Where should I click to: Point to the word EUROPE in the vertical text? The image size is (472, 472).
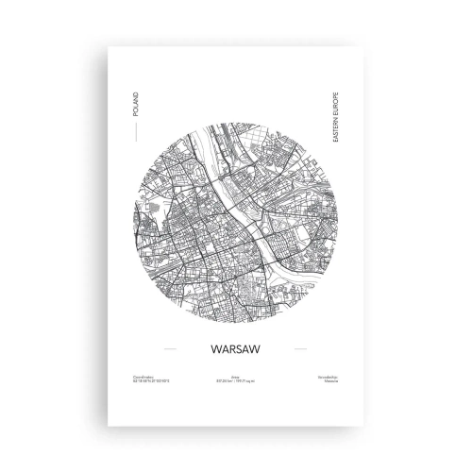(334, 101)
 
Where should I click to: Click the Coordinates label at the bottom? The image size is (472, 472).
(147, 378)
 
